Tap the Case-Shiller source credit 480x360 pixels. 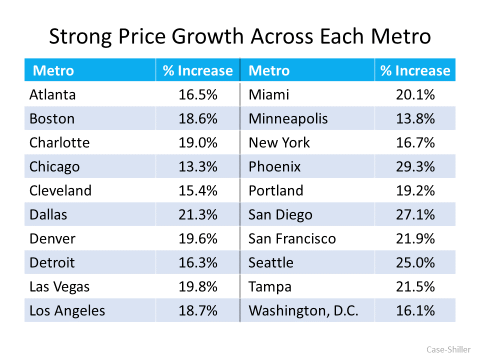pos(448,349)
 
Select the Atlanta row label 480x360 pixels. pos(52,94)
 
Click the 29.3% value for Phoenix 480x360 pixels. pos(415,166)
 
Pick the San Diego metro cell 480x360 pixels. pos(280,214)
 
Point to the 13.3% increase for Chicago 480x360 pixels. pos(198,166)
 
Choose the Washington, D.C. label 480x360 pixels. pos(303,310)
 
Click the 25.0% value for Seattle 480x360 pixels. pos(415,262)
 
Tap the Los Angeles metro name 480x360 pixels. pos(67,310)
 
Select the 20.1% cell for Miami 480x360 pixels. pos(415,94)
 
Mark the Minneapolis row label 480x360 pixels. pos(288,118)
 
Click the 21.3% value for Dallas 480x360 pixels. pos(198,214)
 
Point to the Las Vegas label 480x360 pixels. pos(59,286)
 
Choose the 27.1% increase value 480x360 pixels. pos(415,214)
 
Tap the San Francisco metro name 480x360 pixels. pos(292,238)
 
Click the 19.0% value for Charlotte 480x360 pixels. pos(198,142)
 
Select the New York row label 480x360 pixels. pos(279,142)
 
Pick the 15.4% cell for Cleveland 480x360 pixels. pos(198,190)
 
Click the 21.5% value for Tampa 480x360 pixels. pos(415,286)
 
